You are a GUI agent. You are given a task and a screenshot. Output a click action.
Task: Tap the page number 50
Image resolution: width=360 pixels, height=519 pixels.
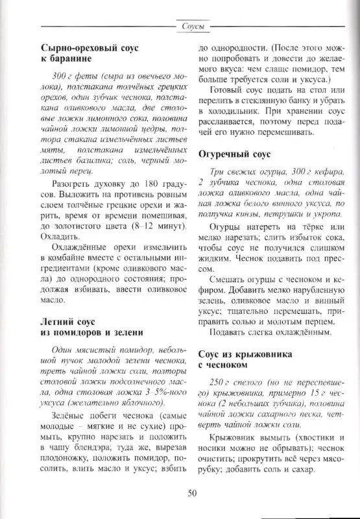click(192, 493)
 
